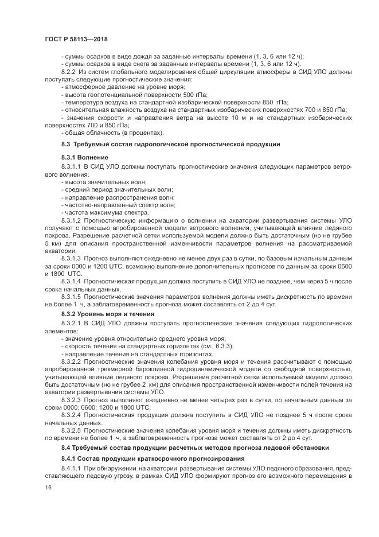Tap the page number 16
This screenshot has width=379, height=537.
[x=48, y=487]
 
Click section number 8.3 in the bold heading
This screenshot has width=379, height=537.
[x=65, y=144]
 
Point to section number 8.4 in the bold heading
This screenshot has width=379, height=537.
[x=65, y=446]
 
